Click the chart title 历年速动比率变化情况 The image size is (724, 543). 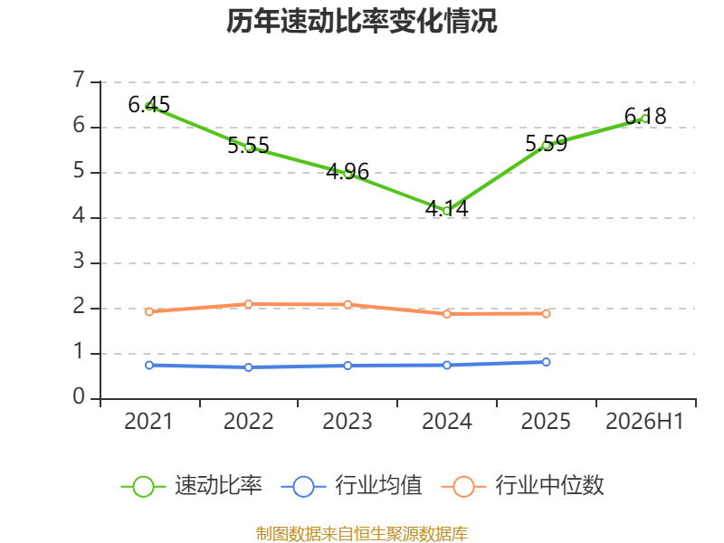click(x=361, y=21)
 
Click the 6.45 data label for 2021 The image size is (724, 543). click(x=148, y=105)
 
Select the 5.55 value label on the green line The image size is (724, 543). click(x=248, y=146)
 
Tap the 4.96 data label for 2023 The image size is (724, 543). click(x=348, y=172)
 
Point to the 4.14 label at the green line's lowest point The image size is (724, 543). click(x=446, y=209)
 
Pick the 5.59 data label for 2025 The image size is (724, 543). click(x=546, y=144)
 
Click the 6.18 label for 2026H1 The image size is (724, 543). click(x=645, y=117)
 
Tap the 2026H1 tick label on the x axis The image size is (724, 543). click(x=644, y=422)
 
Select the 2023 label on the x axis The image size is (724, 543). click(x=348, y=422)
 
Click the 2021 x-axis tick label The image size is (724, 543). click(x=148, y=422)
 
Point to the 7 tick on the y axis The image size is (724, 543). click(x=79, y=81)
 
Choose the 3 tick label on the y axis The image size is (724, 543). click(x=79, y=262)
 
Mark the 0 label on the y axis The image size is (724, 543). click(x=79, y=397)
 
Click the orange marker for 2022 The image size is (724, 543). click(x=248, y=304)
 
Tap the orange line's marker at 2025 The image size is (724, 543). click(x=546, y=313)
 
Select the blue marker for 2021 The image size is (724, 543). click(x=149, y=366)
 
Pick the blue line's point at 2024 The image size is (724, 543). click(x=446, y=366)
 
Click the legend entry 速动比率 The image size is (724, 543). click(x=192, y=486)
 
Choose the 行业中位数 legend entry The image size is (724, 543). click(x=523, y=486)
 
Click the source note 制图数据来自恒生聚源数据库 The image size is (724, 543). click(x=361, y=534)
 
